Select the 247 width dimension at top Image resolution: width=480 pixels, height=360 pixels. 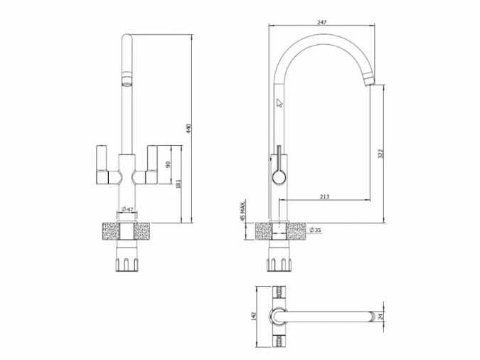pyautogui.click(x=321, y=23)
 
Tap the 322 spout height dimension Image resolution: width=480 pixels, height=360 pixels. pyautogui.click(x=380, y=153)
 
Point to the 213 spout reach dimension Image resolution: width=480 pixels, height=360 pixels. pyautogui.click(x=324, y=196)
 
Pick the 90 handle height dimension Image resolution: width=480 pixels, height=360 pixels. pyautogui.click(x=168, y=164)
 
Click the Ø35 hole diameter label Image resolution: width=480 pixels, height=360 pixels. pyautogui.click(x=315, y=229)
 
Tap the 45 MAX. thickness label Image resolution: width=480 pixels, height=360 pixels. pyautogui.click(x=243, y=211)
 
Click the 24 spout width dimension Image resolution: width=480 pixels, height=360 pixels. pyautogui.click(x=380, y=317)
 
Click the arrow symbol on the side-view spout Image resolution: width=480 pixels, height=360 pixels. pyautogui.click(x=279, y=102)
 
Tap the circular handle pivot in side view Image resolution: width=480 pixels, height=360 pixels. pyautogui.click(x=277, y=176)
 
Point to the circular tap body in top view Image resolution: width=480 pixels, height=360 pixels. pyautogui.click(x=277, y=317)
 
